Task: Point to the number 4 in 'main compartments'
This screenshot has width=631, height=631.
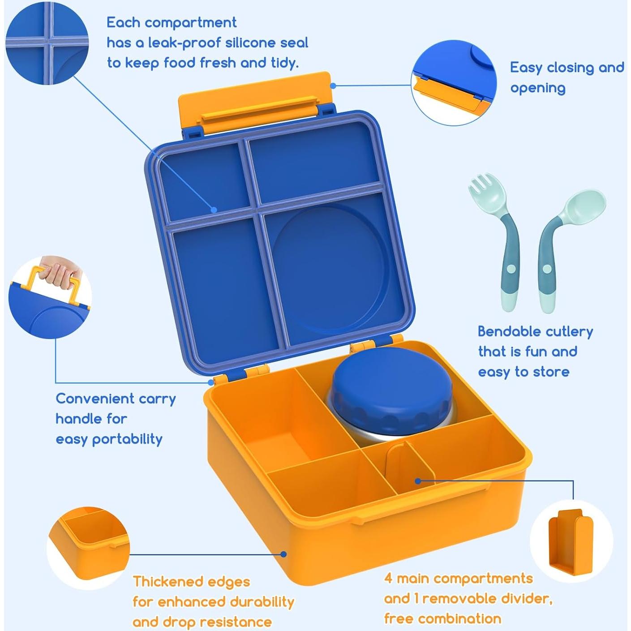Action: (x=388, y=579)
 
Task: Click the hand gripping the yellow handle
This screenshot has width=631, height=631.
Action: (x=60, y=271)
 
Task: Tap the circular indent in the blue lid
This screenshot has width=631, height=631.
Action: (x=329, y=269)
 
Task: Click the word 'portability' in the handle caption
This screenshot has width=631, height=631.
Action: (x=127, y=439)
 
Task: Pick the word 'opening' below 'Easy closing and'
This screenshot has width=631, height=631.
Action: (x=537, y=88)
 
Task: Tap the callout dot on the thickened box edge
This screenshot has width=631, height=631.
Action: (x=283, y=554)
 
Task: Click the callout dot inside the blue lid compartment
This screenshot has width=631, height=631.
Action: (x=214, y=209)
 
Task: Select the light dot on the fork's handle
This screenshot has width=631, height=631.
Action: (x=511, y=269)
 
